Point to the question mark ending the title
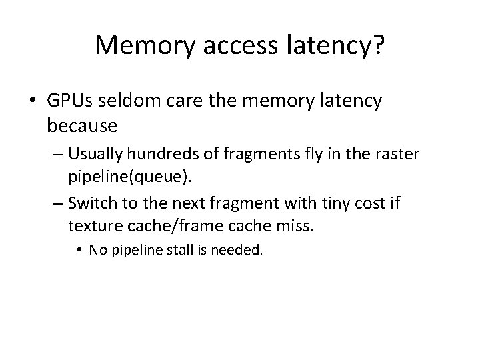click(x=379, y=45)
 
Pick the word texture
click(x=91, y=226)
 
